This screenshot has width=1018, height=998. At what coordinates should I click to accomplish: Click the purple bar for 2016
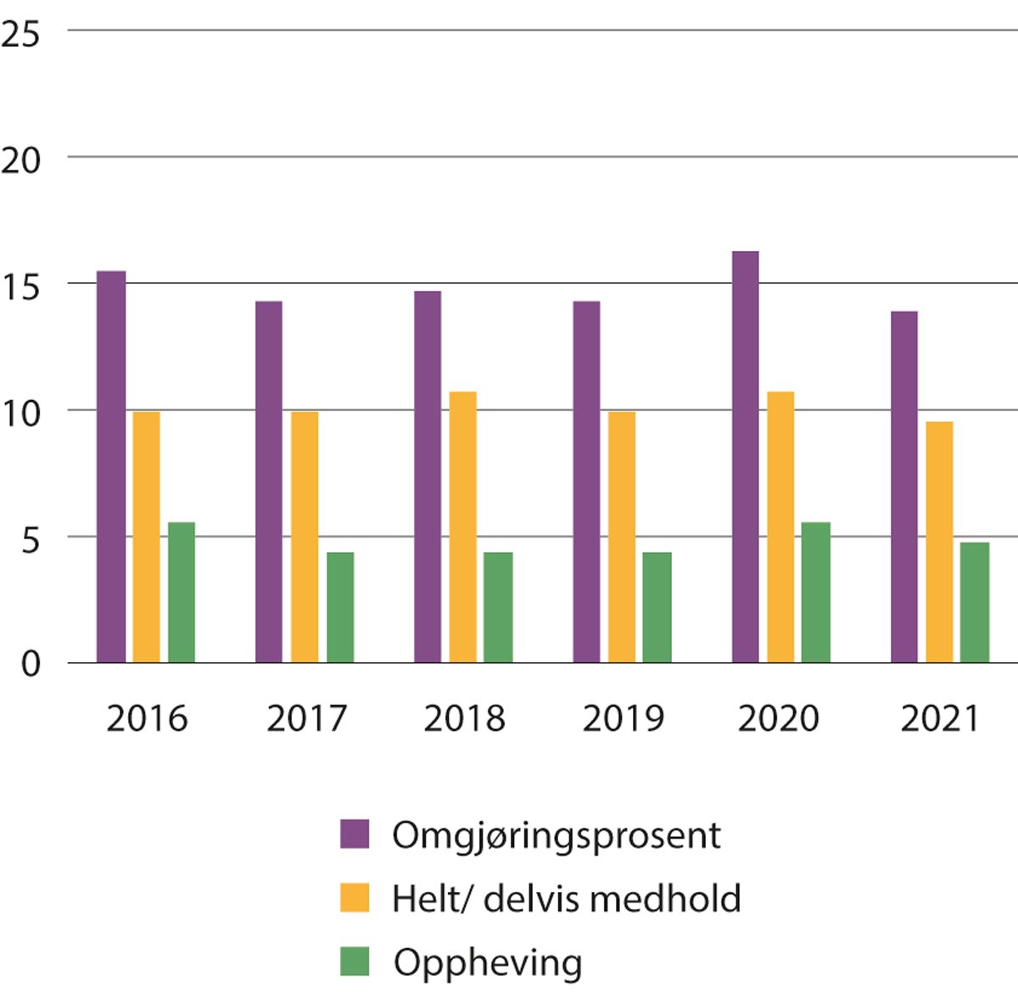tap(111, 466)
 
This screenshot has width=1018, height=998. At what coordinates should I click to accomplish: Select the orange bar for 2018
tap(462, 527)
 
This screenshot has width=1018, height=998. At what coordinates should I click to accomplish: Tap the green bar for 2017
tap(340, 607)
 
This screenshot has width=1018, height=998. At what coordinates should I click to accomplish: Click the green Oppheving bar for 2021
tap(975, 602)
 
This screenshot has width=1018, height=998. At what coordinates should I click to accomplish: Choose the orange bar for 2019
tap(622, 537)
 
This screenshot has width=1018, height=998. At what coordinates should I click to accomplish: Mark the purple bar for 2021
tap(903, 487)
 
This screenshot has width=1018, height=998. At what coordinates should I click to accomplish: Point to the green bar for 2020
tap(816, 592)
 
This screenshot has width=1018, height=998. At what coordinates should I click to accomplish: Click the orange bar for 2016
tap(146, 537)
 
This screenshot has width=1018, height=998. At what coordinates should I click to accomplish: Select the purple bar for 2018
tap(428, 477)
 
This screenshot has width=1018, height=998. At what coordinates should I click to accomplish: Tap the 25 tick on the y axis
tap(20, 35)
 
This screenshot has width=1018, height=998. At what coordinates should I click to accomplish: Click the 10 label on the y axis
tap(20, 415)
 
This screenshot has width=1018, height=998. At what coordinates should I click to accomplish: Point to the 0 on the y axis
tap(31, 664)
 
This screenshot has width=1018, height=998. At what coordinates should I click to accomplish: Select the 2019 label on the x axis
tap(623, 719)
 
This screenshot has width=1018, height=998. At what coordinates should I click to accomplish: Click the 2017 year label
tap(306, 719)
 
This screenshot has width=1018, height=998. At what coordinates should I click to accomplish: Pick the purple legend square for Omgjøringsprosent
tap(355, 834)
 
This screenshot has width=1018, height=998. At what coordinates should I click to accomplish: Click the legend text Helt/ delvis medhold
tap(566, 898)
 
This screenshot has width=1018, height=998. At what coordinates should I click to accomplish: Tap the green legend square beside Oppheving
tap(355, 962)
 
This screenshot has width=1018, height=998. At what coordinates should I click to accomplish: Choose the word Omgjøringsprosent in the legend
tap(556, 835)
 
